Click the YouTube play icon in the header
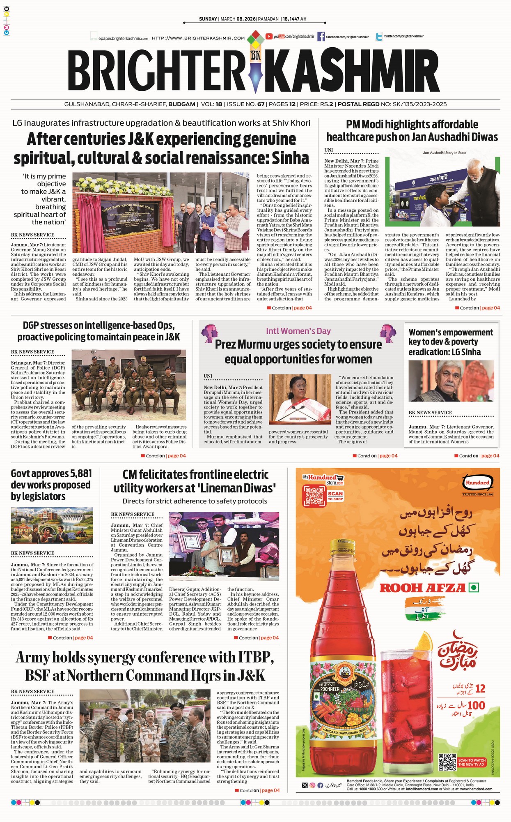[269, 37]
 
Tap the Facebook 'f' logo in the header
[321, 37]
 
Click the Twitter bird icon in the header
[379, 37]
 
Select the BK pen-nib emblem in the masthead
[256, 62]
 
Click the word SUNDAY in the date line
[208, 19]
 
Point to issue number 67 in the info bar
[261, 104]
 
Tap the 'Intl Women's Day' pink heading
[298, 331]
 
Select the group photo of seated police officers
[128, 385]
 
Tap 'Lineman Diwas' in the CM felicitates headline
[238, 488]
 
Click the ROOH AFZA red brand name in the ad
[423, 588]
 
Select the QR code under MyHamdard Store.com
[314, 496]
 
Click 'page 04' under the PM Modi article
[491, 308]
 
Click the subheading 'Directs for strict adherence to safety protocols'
[195, 501]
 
